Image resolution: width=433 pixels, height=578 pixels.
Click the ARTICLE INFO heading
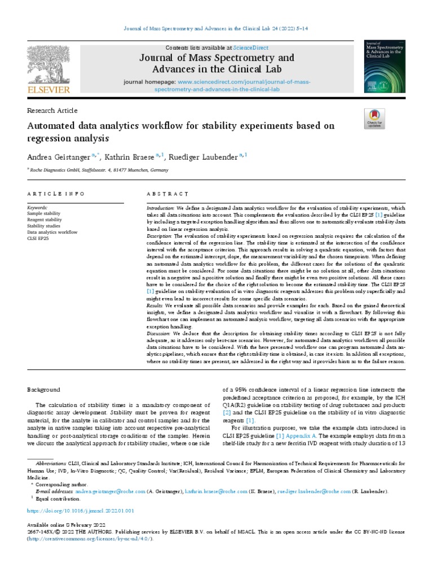click(56, 194)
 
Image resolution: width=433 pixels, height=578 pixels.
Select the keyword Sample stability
click(45, 214)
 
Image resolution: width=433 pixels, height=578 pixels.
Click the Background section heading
click(44, 389)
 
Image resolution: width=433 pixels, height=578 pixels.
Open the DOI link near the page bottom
click(80, 510)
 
